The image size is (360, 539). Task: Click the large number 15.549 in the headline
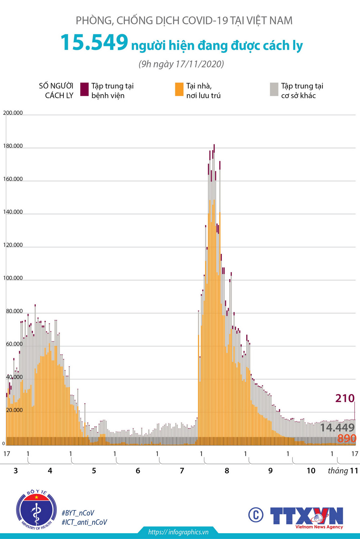(94, 43)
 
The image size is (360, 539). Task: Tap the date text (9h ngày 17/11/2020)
(181, 64)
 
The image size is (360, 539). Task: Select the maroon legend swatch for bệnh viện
(84, 89)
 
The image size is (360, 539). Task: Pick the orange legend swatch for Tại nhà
(179, 89)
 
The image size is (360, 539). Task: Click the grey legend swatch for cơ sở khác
(274, 89)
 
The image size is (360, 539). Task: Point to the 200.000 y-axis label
(13, 113)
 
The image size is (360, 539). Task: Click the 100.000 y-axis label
(13, 278)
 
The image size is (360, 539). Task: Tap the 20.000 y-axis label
(14, 410)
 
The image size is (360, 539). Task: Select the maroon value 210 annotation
(345, 398)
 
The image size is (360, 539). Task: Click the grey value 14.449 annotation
(337, 428)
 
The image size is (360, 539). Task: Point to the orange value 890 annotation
(347, 438)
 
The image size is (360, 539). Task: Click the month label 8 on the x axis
(227, 471)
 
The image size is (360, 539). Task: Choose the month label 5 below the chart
(94, 471)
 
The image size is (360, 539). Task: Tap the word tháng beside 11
(338, 471)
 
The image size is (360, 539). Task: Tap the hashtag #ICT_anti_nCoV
(84, 522)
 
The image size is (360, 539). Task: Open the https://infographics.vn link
(178, 532)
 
